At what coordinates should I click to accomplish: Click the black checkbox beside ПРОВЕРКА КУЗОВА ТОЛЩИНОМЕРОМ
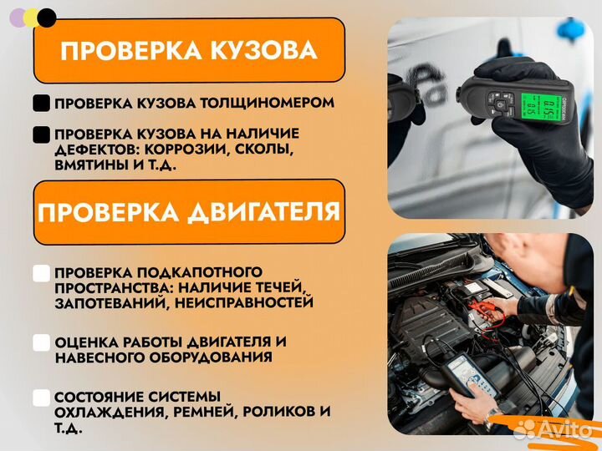(41, 104)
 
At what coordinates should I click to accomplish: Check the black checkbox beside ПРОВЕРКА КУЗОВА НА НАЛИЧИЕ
(41, 134)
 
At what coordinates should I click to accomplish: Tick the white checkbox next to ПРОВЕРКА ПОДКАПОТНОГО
(41, 273)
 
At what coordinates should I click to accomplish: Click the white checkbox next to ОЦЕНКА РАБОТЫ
(41, 342)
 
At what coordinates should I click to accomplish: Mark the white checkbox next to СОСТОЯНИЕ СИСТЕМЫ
(41, 398)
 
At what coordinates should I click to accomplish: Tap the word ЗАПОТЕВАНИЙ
(101, 303)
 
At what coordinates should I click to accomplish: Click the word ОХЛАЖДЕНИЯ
(99, 413)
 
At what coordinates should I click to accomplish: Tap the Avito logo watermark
(553, 429)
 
